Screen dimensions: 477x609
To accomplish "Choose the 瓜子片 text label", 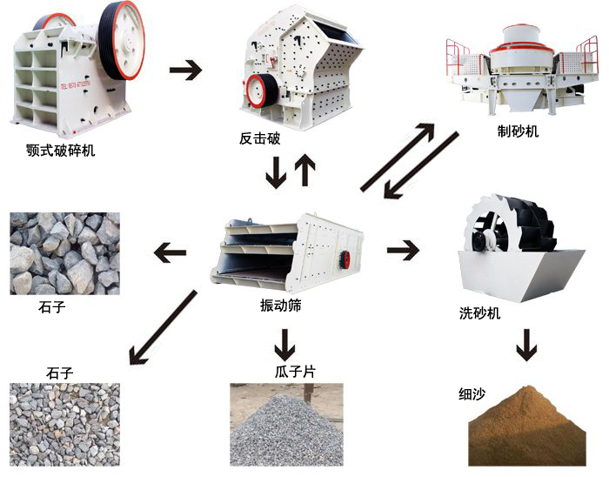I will coord(294,372).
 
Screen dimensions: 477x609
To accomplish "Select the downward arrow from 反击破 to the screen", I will coord(276,173).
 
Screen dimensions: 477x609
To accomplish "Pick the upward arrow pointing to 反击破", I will coord(304,171).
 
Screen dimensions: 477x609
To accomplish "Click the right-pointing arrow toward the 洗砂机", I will coord(403,251).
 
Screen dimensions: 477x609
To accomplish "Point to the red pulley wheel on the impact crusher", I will coord(257,91).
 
